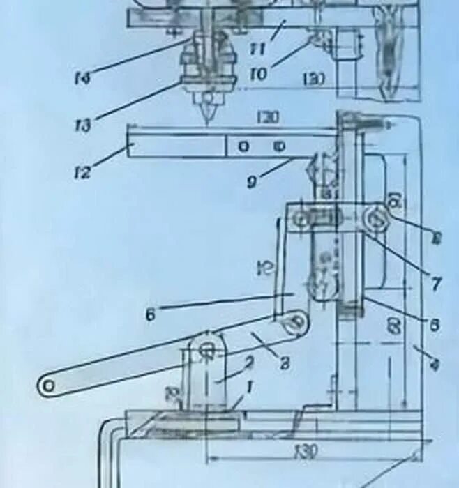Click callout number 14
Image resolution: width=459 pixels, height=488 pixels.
[82, 77]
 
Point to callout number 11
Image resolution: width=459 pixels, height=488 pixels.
[259, 48]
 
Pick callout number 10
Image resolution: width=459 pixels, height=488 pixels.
[258, 73]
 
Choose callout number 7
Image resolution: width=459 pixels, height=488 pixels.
[436, 284]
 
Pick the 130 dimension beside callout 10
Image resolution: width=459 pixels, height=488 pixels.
[315, 79]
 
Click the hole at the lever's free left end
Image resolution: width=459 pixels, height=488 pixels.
[49, 384]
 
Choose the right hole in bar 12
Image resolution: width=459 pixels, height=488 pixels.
[278, 147]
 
